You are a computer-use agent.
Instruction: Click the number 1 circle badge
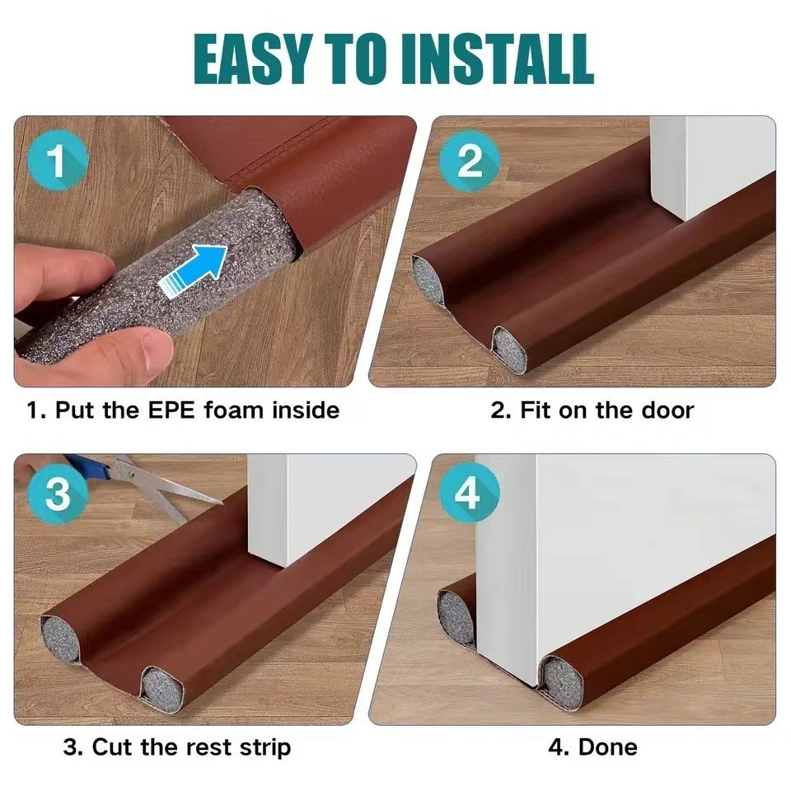pyautogui.click(x=58, y=161)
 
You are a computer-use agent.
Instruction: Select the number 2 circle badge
pyautogui.click(x=470, y=161)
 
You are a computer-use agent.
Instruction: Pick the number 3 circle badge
pyautogui.click(x=58, y=493)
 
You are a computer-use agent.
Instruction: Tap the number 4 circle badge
pyautogui.click(x=470, y=493)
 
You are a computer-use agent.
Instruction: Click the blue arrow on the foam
pyautogui.click(x=193, y=270)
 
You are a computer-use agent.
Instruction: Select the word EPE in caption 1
pyautogui.click(x=171, y=410)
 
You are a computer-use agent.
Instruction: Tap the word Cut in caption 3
pyautogui.click(x=112, y=747)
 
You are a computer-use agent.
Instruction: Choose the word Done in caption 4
pyautogui.click(x=607, y=747)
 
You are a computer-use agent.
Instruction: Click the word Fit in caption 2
pyautogui.click(x=536, y=410)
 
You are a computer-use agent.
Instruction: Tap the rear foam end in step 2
pyautogui.click(x=428, y=280)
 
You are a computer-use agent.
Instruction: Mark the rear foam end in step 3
pyautogui.click(x=60, y=638)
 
